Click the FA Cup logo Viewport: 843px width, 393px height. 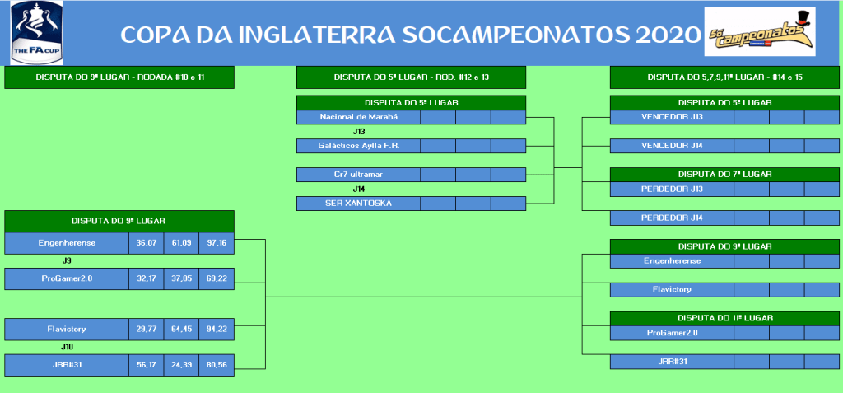tap(36, 32)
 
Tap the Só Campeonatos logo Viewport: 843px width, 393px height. tap(760, 31)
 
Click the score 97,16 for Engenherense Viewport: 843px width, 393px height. tap(217, 243)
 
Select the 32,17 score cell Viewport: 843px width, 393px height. tap(147, 278)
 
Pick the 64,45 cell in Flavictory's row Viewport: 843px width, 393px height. tap(182, 329)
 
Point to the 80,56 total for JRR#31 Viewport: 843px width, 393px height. tap(217, 364)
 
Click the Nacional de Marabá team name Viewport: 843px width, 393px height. tap(359, 117)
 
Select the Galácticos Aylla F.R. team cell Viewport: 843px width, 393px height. tap(359, 145)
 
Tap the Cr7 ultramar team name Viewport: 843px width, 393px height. tap(359, 175)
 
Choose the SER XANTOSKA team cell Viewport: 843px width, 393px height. tap(359, 203)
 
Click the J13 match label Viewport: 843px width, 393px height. tap(359, 131)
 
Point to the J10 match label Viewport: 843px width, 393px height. tap(67, 347)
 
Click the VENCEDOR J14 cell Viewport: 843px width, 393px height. tap(672, 145)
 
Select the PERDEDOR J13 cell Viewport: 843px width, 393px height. tap(672, 189)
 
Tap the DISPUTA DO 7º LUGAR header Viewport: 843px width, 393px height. tap(724, 175)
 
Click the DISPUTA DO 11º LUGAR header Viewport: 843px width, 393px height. tap(724, 318)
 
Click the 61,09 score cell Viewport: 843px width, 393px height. tap(182, 243)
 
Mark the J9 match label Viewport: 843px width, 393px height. tap(67, 260)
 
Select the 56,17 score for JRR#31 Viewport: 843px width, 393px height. tap(147, 364)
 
